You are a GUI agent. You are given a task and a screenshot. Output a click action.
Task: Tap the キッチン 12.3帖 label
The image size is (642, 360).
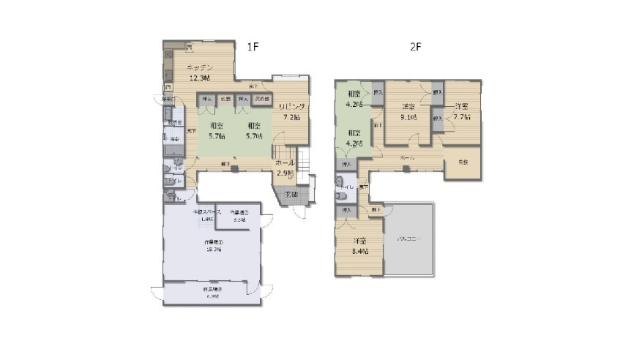click(198, 73)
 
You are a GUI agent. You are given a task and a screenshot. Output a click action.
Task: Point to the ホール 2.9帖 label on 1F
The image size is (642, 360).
click(285, 168)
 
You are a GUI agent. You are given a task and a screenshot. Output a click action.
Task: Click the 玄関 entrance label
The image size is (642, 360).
click(291, 194)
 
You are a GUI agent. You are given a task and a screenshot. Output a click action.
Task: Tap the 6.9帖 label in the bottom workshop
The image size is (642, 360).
click(213, 293)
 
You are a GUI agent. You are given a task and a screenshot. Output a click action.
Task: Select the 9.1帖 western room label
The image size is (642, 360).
click(408, 112)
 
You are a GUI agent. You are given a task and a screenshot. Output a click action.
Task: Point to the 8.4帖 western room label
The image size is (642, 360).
click(359, 246)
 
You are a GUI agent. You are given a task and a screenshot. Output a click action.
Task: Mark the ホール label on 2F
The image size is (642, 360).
click(408, 158)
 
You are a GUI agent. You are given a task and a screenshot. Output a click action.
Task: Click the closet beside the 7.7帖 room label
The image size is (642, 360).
click(437, 118)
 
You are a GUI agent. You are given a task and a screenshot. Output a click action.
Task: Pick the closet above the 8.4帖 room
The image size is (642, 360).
click(346, 211)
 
